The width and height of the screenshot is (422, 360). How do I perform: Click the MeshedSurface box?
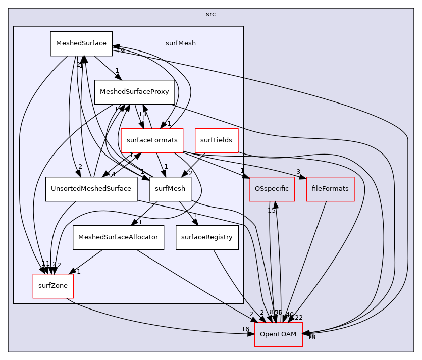pos(80,43)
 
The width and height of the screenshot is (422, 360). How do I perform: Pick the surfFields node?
pos(216,140)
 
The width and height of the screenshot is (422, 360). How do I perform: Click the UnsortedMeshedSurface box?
pos(91,189)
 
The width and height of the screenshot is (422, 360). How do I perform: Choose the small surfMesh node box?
pos(170,189)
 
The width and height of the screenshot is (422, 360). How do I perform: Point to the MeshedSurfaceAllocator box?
pos(118,237)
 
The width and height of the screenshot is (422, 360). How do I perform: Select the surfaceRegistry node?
pos(207,237)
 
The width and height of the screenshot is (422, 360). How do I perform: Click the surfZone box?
pos(53,286)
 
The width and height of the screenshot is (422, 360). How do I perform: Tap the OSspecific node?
pos(272,189)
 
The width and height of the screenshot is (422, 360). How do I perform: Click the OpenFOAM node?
pos(278,334)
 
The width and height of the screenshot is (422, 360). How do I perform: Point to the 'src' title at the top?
pos(210,14)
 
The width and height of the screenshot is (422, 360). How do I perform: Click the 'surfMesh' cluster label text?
pos(180,43)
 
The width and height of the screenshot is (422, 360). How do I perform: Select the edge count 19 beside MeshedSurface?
pos(120,51)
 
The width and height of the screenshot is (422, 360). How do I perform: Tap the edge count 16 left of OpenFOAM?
pos(245,329)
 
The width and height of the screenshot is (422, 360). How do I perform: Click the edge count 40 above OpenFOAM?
pos(289,315)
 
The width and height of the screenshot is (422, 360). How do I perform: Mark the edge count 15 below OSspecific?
pos(272,210)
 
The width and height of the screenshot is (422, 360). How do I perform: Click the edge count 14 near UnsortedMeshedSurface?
pos(112,174)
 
